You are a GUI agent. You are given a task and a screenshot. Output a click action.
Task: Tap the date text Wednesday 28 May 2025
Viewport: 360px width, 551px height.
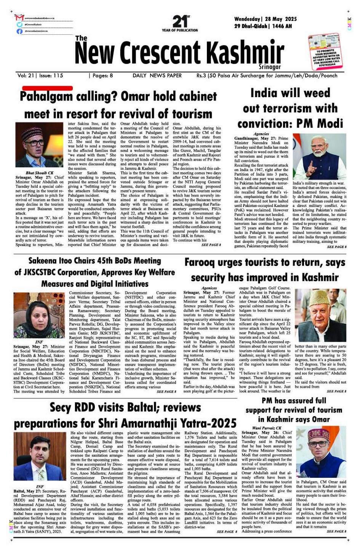[266, 19]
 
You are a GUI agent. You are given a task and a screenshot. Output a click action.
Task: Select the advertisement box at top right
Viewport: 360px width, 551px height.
[325, 51]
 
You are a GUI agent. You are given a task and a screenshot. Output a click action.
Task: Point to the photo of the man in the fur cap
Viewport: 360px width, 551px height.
[320, 316]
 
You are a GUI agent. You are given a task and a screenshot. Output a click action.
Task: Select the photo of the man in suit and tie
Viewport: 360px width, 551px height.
[40, 456]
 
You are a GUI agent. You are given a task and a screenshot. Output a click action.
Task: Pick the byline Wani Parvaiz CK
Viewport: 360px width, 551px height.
[267, 428]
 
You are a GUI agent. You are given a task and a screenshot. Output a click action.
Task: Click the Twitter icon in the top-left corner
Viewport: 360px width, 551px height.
[19, 24]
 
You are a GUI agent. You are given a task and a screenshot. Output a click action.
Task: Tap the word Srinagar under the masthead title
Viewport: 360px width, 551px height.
[269, 67]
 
